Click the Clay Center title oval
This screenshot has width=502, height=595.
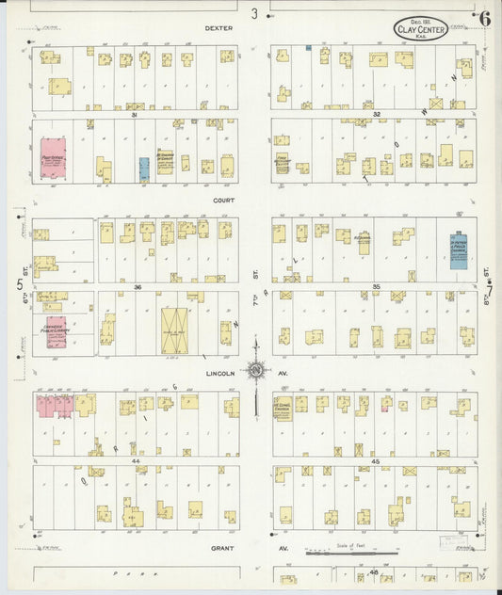point(420,27)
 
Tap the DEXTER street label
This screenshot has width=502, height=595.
point(219,28)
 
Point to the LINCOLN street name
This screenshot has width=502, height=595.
point(217,373)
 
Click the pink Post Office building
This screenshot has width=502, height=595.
point(53,160)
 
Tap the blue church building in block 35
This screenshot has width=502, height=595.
point(458,251)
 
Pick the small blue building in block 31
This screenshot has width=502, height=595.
point(144,169)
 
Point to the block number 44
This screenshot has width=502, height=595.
point(136,384)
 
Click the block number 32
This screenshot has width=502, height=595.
point(375,114)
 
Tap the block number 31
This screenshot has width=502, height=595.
point(135,115)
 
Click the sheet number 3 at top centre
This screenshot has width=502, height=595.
point(253,13)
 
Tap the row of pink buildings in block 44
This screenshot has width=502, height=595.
point(56,406)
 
